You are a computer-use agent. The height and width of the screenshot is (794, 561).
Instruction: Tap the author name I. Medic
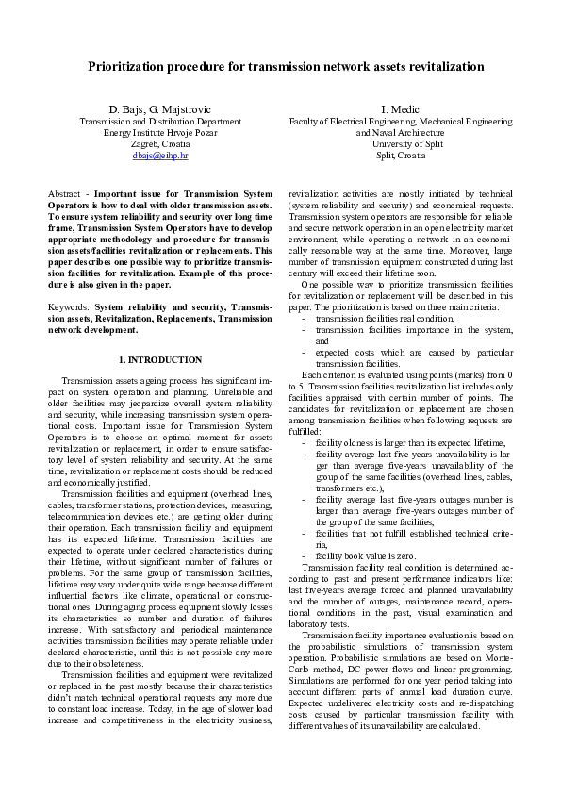(401, 109)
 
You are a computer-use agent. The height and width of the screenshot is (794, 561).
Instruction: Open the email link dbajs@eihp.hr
(159, 155)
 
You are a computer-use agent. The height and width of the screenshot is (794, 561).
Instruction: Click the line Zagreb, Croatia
(159, 143)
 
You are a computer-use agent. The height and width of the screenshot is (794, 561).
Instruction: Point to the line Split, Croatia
(401, 155)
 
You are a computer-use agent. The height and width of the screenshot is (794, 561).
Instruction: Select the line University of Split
(401, 143)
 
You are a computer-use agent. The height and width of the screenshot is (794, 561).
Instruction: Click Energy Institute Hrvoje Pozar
(159, 132)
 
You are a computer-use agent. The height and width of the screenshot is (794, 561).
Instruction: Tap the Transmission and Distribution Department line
(159, 122)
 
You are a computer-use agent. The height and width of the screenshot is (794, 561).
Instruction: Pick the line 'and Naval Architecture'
(401, 132)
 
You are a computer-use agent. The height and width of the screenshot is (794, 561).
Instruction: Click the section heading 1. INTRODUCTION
(159, 359)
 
